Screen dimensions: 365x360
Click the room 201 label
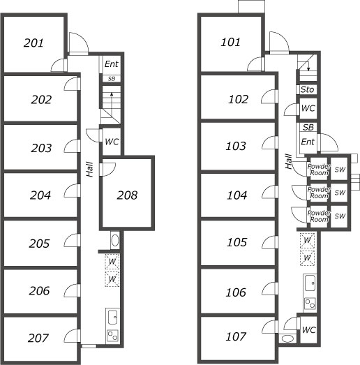[33, 43]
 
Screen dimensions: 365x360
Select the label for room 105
[237, 242]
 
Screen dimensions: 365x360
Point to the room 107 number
[237, 337]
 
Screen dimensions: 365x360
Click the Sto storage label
[307, 90]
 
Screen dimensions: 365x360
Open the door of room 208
[108, 168]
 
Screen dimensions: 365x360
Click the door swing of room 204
[70, 191]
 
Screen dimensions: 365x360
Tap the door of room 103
[268, 143]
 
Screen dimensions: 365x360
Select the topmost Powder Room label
[318, 170]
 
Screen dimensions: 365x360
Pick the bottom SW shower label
[340, 216]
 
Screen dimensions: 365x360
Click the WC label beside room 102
[307, 109]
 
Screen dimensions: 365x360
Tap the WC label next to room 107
[308, 329]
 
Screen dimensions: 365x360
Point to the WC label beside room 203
[111, 142]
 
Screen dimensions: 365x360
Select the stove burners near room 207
[112, 335]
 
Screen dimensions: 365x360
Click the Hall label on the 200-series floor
[89, 169]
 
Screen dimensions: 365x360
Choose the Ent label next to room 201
[111, 64]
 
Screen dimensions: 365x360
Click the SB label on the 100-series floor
[308, 127]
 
